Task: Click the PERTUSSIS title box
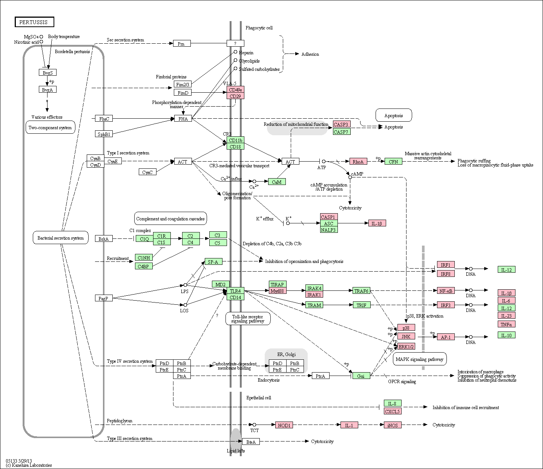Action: tap(34, 22)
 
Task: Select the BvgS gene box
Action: tap(48, 72)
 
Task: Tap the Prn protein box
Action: tap(182, 44)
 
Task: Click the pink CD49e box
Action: tap(235, 90)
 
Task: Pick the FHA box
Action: tap(183, 119)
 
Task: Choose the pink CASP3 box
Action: tap(341, 124)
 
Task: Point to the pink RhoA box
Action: tap(358, 162)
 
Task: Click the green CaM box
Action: tap(277, 182)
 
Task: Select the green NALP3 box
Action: tap(328, 230)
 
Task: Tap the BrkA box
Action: tap(104, 239)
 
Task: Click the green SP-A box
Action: tap(213, 262)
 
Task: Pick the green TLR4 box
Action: tap(235, 291)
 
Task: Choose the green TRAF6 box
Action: tap(361, 290)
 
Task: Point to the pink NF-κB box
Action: tap(446, 290)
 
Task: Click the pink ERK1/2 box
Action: tap(406, 347)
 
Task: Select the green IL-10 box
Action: tap(506, 335)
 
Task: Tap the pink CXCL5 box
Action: tap(393, 411)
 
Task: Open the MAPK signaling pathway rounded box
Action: tap(420, 359)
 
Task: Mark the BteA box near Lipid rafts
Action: tap(251, 442)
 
